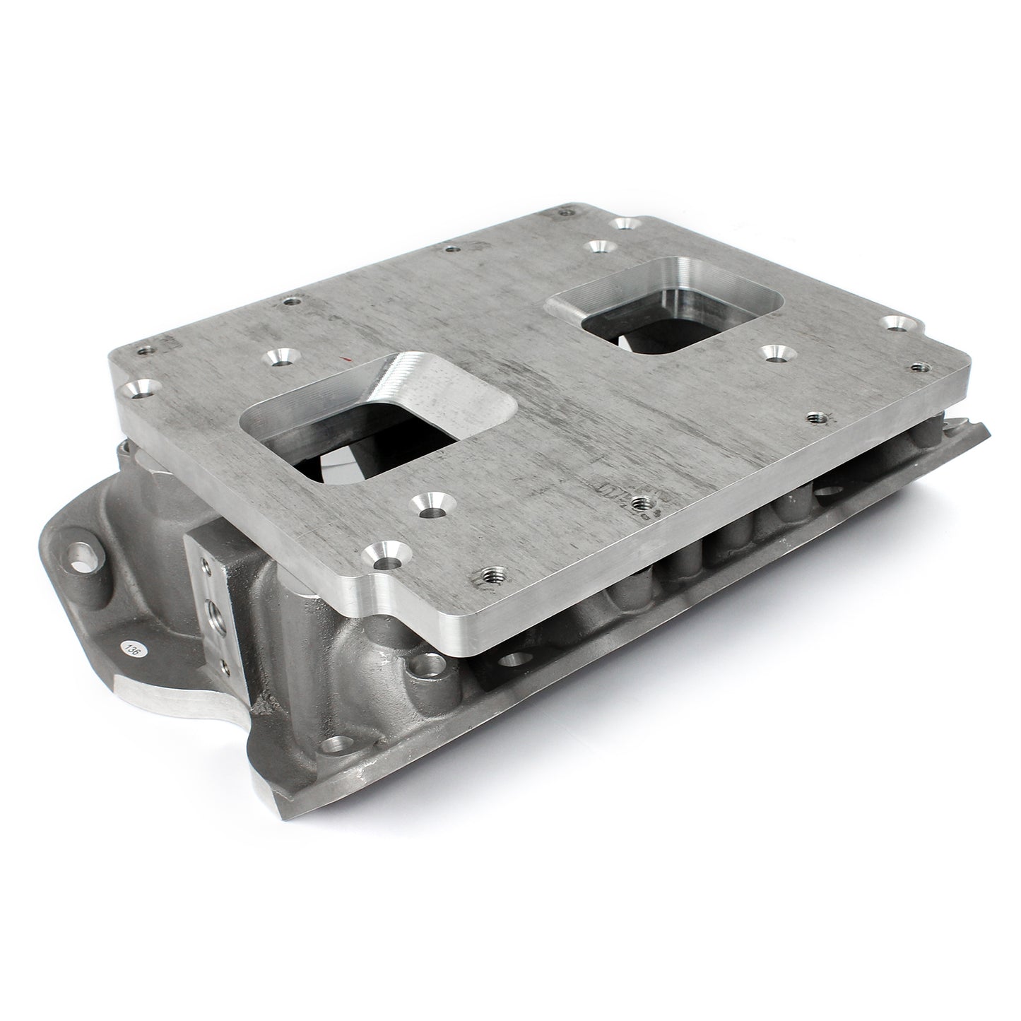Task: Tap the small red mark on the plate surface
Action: pos(344,360)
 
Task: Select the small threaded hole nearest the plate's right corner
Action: pos(919,366)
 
